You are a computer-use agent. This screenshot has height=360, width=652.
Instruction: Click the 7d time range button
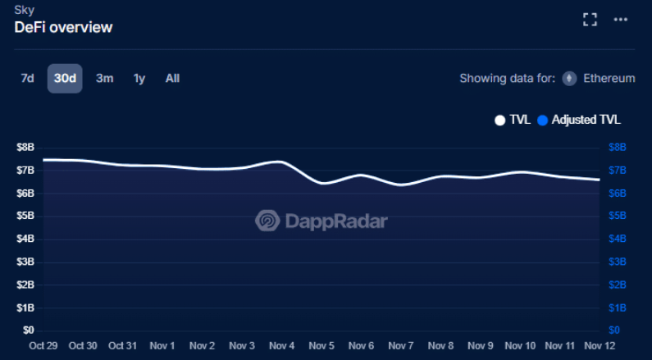tap(27, 79)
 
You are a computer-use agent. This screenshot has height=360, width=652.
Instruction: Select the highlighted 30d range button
tap(65, 79)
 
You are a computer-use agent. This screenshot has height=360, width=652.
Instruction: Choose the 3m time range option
tap(104, 79)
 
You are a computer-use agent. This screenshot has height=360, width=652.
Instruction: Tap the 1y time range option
tap(139, 79)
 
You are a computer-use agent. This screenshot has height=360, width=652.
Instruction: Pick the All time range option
tap(172, 79)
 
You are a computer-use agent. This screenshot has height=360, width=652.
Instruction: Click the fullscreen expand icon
tap(590, 20)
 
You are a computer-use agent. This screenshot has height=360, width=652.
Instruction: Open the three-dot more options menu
tap(621, 20)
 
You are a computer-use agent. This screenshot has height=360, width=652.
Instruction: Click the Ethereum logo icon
tap(569, 79)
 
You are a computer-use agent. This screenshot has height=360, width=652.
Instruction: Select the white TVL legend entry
tap(513, 120)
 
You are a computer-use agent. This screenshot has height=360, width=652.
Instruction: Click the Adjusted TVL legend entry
tap(579, 120)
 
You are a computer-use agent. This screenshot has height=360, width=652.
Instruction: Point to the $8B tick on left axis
tap(25, 148)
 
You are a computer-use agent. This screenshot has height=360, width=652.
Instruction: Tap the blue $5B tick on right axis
tap(618, 216)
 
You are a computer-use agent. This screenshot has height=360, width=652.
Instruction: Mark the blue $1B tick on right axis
tap(618, 308)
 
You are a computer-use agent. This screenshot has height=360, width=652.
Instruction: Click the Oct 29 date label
tap(43, 346)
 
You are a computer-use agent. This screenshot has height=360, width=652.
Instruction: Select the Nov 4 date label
tap(282, 346)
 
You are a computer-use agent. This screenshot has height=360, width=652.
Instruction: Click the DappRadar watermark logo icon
tap(267, 221)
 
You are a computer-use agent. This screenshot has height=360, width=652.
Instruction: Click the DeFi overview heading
tap(63, 27)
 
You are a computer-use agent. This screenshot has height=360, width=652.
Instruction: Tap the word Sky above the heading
tap(24, 10)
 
